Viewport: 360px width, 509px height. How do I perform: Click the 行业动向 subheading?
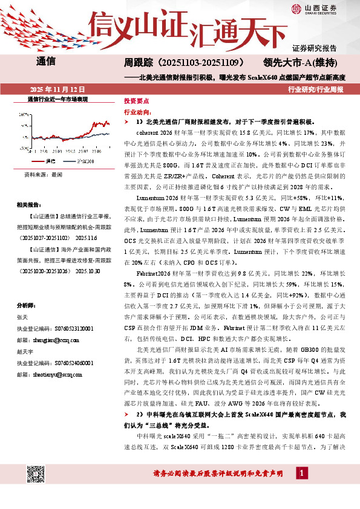pos(135,112)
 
